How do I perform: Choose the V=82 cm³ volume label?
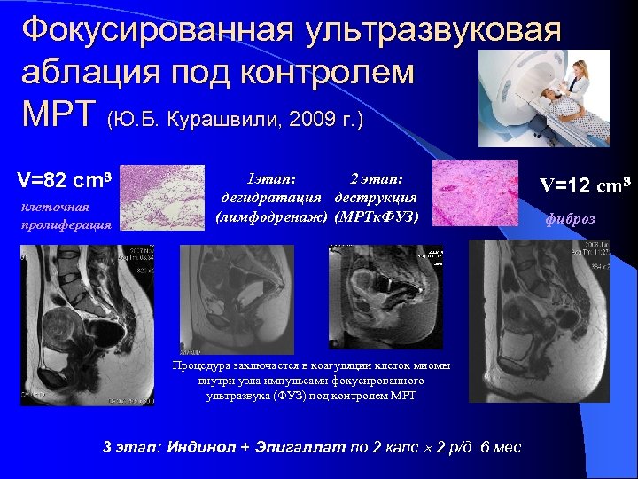point(64,181)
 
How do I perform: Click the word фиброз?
point(571,219)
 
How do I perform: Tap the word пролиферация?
point(66,224)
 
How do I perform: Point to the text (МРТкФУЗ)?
point(377,215)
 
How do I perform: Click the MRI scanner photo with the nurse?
point(544,98)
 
